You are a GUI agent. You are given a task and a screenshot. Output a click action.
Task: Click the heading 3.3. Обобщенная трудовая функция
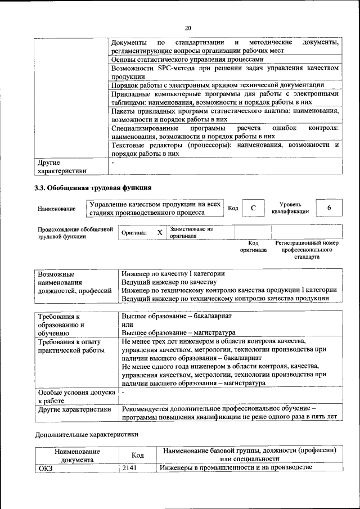[93, 187]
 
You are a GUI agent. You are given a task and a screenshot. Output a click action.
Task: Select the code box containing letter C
[253, 208]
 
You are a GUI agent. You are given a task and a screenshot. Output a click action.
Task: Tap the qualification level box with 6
[329, 208]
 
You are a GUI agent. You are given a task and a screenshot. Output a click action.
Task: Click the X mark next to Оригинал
[160, 232]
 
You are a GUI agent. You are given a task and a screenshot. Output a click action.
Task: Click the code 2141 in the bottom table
[129, 468]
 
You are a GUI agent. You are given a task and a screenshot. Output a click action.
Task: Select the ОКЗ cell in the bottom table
[45, 468]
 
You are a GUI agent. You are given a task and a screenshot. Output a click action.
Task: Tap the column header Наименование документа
[77, 455]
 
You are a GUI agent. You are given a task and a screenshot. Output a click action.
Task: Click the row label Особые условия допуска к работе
[76, 397]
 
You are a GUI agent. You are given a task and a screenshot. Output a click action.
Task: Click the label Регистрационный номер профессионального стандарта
[307, 250]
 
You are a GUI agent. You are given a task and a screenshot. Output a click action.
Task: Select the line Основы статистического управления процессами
[187, 59]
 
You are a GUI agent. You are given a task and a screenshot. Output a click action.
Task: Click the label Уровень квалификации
[290, 208]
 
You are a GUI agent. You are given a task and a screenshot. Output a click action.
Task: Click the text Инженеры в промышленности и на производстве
[236, 468]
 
